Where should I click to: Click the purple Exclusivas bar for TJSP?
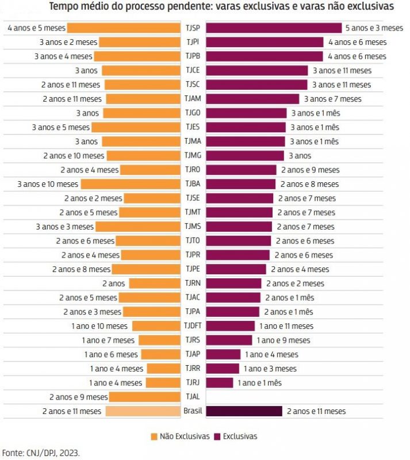pos(274,28)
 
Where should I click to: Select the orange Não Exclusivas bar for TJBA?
pos(131,184)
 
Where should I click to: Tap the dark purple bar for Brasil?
pos(244,411)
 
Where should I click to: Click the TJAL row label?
pos(193,397)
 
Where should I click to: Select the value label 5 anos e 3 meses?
pos(374,28)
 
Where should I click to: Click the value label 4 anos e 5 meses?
pos(36,28)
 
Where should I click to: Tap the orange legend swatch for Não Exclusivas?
pos(154,436)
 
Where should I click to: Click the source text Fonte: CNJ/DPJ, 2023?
pos(41,453)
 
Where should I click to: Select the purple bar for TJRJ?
pos(219,382)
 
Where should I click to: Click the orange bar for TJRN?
pos(155,283)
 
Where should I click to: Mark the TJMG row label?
pos(193,155)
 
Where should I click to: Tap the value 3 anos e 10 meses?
pos(48,184)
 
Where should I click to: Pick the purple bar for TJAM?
pos(252,99)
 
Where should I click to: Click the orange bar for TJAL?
pos(145,397)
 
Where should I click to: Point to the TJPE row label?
pos(193,269)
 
